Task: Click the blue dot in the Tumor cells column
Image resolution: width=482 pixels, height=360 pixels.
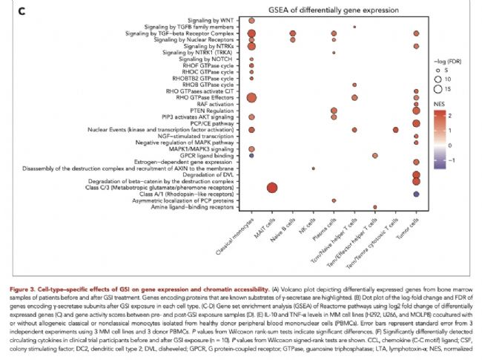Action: point(416,194)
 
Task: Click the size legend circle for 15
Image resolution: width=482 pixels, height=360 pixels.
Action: point(440,89)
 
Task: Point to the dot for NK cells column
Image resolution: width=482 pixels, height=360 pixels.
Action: point(314,168)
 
